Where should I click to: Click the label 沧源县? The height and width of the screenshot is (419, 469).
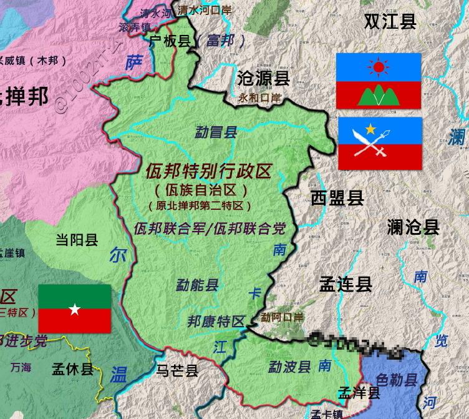(264, 77)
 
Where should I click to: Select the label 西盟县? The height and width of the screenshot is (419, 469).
(337, 199)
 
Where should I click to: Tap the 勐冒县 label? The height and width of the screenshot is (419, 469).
(216, 132)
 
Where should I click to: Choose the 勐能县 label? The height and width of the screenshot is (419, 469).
(197, 285)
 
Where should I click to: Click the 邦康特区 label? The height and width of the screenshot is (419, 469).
(216, 322)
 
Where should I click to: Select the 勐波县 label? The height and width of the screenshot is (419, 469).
(289, 366)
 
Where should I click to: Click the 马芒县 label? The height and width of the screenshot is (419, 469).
(177, 370)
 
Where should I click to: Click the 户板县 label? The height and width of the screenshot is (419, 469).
(170, 41)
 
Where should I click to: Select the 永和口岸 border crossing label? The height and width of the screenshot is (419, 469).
(260, 98)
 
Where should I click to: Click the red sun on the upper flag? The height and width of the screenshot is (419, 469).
(378, 66)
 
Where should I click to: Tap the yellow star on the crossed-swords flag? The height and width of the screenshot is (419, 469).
(372, 129)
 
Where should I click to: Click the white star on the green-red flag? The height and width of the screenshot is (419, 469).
(74, 309)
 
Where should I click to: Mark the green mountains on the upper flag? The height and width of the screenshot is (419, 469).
(378, 94)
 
